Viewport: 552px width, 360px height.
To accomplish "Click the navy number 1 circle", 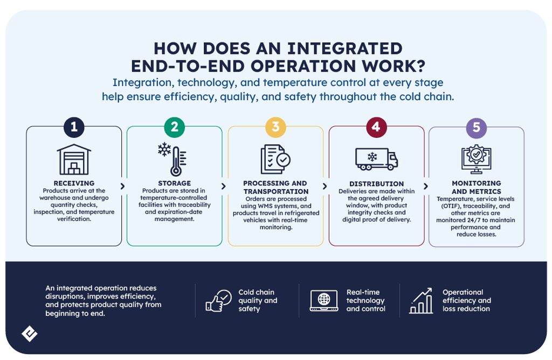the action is pos(74,127).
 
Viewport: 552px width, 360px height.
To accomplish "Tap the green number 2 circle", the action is pos(175,127).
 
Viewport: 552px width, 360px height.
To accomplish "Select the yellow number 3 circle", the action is pos(275,127).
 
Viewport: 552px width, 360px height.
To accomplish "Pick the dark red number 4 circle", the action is pos(376,127).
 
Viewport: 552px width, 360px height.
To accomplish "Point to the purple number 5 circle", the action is pos(477,127).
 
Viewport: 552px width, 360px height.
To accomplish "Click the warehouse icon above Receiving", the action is pos(74,160).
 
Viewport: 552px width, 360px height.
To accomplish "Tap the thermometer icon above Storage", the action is pos(172,160).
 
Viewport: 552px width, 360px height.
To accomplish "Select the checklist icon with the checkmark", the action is pos(275,160).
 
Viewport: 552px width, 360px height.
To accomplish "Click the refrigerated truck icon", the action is pos(376,159).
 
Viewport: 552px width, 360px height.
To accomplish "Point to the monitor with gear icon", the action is pos(477,160).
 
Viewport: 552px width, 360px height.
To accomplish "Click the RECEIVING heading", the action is pos(74,183).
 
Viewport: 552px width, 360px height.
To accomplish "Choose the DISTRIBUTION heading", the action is pos(376,184).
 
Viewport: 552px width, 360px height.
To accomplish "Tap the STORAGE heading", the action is pos(175,183).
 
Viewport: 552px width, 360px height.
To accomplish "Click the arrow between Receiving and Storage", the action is pos(122,186).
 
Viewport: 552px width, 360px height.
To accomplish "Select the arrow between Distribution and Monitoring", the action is pos(426,186).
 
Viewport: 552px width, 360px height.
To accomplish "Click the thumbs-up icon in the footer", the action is pos(218,301).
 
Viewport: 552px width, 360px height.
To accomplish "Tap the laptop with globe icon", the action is pos(324,301).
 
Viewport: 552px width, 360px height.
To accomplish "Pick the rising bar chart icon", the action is pos(421,301).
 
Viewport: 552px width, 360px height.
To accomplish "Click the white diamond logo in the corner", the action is pos(30,334).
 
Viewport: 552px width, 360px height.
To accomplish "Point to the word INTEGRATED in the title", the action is pos(345,49).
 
